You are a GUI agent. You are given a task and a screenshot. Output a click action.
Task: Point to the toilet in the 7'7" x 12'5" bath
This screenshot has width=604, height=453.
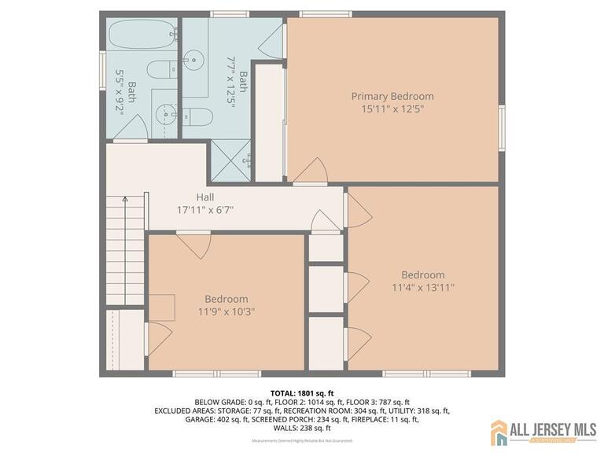click(199, 117)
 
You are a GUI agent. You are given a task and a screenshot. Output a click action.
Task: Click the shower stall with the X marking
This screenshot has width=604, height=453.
click(228, 160)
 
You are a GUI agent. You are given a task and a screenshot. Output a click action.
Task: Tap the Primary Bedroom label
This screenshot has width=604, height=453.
click(392, 97)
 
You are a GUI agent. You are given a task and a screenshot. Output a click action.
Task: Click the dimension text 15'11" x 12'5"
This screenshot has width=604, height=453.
click(392, 109)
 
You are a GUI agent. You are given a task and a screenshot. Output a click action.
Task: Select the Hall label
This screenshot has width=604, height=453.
click(205, 197)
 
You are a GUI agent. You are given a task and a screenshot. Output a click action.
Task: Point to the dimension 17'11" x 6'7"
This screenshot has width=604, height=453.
click(205, 210)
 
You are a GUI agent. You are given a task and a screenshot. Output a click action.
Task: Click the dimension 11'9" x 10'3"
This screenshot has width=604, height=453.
click(226, 311)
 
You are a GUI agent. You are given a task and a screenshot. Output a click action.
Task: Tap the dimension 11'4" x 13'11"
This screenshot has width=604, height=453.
click(423, 287)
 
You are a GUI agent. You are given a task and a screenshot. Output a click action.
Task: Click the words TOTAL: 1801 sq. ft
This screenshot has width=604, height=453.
click(302, 392)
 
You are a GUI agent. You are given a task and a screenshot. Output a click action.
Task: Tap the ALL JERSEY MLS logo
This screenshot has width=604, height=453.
click(543, 432)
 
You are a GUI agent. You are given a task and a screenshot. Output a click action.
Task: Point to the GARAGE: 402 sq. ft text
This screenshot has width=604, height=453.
click(196, 420)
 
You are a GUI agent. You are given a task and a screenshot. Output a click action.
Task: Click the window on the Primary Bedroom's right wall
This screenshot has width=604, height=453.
click(502, 129)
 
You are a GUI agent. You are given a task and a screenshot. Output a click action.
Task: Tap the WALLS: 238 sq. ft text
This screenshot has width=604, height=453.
click(302, 429)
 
